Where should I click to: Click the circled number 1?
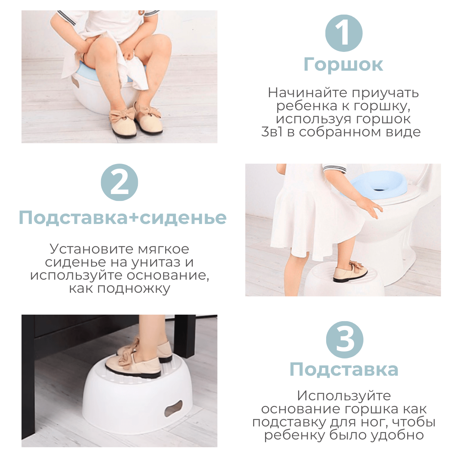(344, 33)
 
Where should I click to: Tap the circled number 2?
(119, 182)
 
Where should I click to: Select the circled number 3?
(345, 340)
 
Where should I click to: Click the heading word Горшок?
(343, 65)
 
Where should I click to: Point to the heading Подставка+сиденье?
(123, 218)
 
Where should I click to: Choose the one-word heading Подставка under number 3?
(344, 376)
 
